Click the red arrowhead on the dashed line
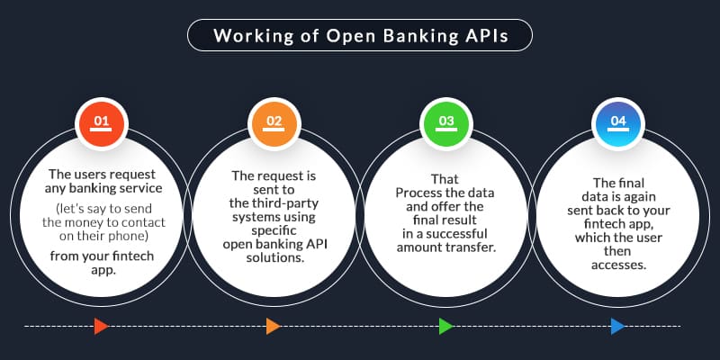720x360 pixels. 101,326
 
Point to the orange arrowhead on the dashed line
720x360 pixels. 273,326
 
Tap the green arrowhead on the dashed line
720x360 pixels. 445,326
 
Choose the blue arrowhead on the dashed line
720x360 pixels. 617,326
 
